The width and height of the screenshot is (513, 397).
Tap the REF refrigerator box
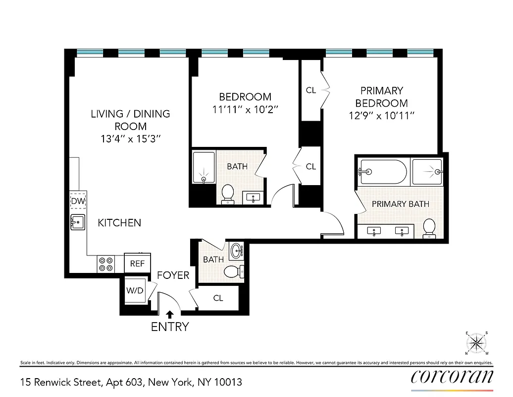[x=137, y=264]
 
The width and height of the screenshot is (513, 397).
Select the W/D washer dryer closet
[x=135, y=290]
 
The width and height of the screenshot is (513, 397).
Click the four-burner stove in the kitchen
[x=105, y=264]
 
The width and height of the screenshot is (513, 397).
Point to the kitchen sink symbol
[x=78, y=222]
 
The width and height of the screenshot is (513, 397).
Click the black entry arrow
[x=170, y=314]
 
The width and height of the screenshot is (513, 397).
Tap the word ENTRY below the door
[x=170, y=327]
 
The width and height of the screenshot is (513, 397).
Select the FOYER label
[x=173, y=275]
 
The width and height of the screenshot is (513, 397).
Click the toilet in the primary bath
[x=429, y=227]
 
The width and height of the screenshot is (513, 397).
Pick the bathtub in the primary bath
[x=383, y=172]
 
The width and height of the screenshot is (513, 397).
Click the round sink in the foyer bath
[x=237, y=249]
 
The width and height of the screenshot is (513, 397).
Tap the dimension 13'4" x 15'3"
[x=130, y=139]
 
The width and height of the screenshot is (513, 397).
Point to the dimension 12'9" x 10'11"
[x=381, y=116]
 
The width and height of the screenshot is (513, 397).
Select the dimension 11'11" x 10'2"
[x=245, y=110]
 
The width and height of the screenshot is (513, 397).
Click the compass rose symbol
[x=476, y=343]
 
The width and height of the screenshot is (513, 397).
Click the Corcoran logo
[x=452, y=377]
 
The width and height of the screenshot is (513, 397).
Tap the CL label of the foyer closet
[x=218, y=298]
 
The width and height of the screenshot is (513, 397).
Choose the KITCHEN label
[x=119, y=223]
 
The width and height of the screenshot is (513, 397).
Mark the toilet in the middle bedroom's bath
[x=228, y=193]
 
